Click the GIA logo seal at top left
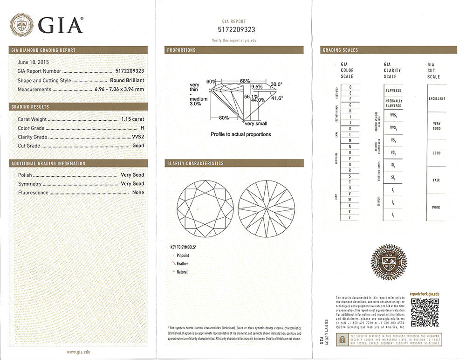[21, 25]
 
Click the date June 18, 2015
[33, 62]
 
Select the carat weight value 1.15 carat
[132, 119]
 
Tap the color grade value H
[142, 128]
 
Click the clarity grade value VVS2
[138, 137]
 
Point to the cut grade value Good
[138, 145]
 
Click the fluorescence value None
[138, 192]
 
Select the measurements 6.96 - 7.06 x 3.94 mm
[119, 89]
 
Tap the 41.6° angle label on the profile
[277, 98]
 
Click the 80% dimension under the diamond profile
[224, 118]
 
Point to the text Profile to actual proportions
[240, 134]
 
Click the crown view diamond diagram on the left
[205, 209]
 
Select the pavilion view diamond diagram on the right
[267, 209]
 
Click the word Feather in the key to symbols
[182, 263]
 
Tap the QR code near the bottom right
[425, 312]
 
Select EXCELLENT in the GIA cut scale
[437, 99]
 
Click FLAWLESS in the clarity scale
[393, 90]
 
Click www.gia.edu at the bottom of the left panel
[78, 352]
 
